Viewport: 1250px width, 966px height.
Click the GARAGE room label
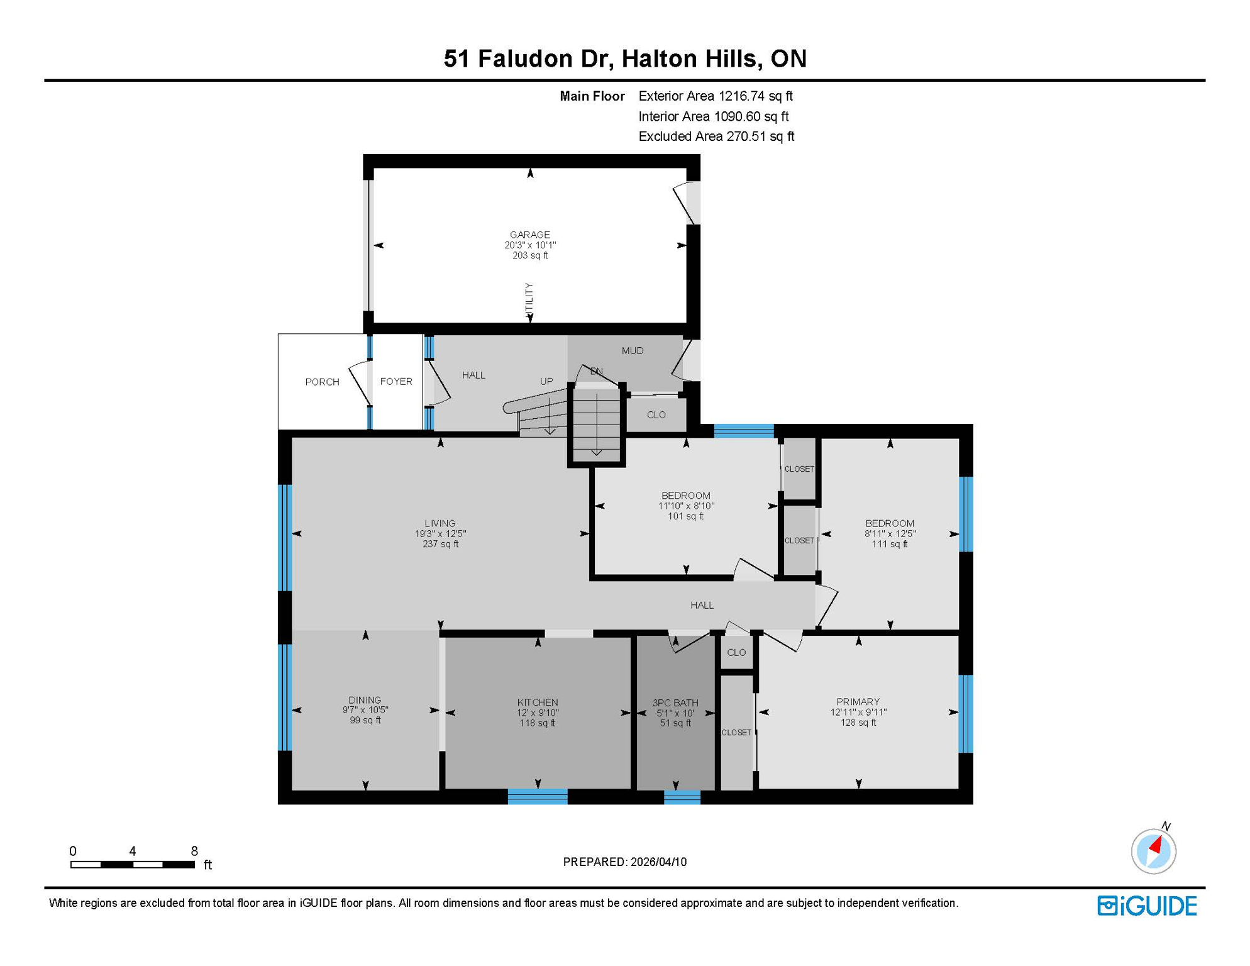(x=529, y=235)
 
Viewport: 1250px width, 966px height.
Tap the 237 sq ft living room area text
(x=440, y=544)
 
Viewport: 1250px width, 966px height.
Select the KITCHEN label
(x=537, y=702)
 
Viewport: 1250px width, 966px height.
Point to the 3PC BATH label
(x=675, y=702)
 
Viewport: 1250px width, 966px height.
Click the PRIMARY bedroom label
(x=858, y=701)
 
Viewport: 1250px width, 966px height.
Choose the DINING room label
(x=365, y=699)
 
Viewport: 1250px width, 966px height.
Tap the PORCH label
(x=322, y=382)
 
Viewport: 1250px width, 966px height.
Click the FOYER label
(x=396, y=381)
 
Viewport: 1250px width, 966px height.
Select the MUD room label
(x=632, y=350)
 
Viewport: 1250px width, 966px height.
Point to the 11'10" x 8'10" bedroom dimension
(x=686, y=506)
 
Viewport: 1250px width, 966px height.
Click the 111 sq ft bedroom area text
(x=889, y=544)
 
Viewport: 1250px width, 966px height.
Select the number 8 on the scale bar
(x=194, y=851)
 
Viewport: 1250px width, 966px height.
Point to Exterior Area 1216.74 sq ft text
(x=715, y=96)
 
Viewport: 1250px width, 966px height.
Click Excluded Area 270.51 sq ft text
(x=716, y=136)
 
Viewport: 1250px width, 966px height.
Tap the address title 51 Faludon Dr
(x=527, y=58)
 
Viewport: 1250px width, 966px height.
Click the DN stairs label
(x=596, y=371)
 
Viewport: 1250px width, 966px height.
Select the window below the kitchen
(x=537, y=797)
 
